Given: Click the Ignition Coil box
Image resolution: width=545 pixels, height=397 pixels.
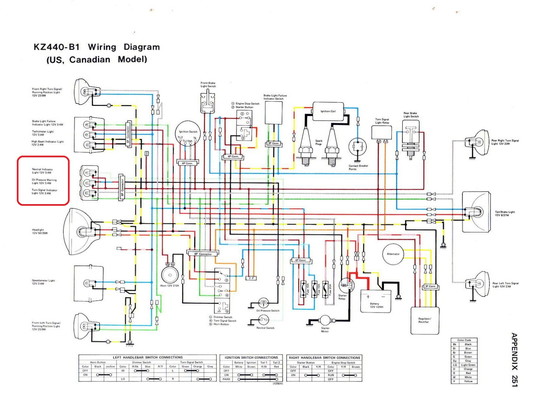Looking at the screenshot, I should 328,111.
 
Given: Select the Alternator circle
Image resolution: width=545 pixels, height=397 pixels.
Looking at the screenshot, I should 393,254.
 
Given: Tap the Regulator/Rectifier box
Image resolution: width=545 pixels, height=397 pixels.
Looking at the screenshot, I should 425,320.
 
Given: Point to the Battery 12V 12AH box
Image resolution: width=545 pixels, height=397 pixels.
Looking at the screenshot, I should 376,301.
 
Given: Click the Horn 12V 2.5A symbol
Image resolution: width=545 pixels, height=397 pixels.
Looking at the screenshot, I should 170,275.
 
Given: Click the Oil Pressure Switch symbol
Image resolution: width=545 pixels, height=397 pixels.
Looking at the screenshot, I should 263,303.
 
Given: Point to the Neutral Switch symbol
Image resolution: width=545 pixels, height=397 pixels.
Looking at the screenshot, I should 263,320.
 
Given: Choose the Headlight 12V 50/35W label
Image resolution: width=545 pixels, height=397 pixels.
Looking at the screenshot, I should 40,231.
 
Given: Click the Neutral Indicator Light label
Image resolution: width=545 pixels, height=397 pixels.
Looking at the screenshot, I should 42,171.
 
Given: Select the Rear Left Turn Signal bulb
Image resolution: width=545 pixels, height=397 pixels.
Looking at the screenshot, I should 478,284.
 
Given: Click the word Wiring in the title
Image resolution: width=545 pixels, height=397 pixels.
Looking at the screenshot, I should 102,47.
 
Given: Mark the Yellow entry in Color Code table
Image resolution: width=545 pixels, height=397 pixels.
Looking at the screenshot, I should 468,381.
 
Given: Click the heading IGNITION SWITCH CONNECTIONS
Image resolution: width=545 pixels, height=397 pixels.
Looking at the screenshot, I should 251,358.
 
